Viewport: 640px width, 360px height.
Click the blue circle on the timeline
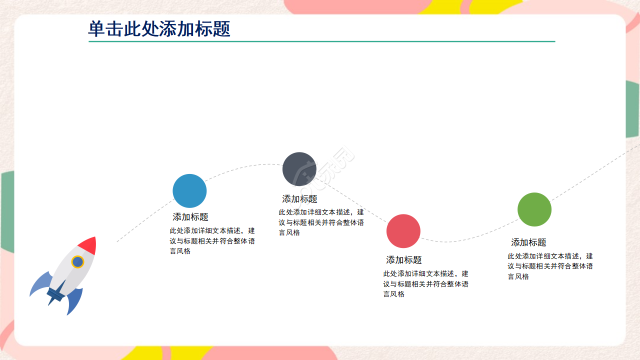pos(189,191)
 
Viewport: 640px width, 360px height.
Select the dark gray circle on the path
pos(299,169)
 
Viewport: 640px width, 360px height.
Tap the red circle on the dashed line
pos(403,231)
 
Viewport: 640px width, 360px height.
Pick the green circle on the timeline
pos(534,209)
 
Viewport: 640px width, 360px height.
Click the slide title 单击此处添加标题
pos(159,28)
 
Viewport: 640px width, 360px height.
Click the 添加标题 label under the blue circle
pos(190,217)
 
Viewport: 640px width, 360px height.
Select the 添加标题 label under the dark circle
pos(299,199)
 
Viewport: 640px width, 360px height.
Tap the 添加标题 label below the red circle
pos(404,260)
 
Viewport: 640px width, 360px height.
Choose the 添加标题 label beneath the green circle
pos(528,242)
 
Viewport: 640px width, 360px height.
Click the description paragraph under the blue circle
pos(212,241)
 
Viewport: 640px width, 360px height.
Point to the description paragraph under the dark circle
pos(321,222)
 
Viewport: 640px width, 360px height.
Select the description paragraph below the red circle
pos(425,284)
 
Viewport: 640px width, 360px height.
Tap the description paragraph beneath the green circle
pos(550,266)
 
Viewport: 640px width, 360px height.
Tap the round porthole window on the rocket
pos(77,261)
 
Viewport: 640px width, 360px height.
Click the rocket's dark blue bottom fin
pos(75,299)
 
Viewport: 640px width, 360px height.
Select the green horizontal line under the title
pos(321,41)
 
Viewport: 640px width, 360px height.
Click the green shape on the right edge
pos(632,110)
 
